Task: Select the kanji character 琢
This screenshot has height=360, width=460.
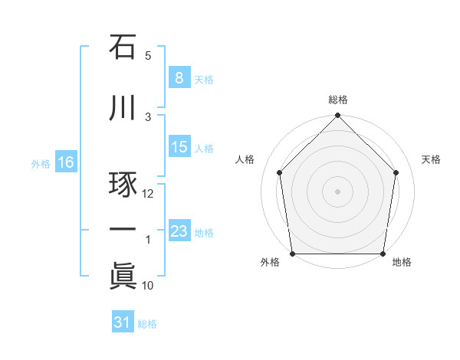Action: pyautogui.click(x=123, y=186)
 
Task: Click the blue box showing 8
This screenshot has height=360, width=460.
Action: pyautogui.click(x=179, y=78)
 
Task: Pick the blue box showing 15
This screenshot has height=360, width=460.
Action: pyautogui.click(x=179, y=147)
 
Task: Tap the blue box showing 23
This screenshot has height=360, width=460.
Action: pyautogui.click(x=179, y=231)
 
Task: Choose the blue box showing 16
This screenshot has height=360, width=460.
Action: pyautogui.click(x=65, y=162)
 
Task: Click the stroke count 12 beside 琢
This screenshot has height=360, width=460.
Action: pyautogui.click(x=148, y=194)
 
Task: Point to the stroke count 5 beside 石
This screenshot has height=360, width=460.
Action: pyautogui.click(x=148, y=56)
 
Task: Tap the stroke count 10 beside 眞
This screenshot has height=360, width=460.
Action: pyautogui.click(x=148, y=286)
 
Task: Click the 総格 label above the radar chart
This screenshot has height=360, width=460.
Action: pyautogui.click(x=338, y=100)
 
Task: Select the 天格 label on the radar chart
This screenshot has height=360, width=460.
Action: pyautogui.click(x=432, y=159)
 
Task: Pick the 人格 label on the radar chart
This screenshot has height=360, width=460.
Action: pyautogui.click(x=245, y=159)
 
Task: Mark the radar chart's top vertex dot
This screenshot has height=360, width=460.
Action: pyautogui.click(x=338, y=116)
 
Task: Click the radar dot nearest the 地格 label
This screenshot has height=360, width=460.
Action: pyautogui.click(x=384, y=254)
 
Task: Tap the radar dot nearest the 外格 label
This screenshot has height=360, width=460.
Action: pyautogui.click(x=292, y=254)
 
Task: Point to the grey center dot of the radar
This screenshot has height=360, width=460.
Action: pyautogui.click(x=338, y=191)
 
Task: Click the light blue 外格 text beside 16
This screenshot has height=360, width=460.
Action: pyautogui.click(x=40, y=163)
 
